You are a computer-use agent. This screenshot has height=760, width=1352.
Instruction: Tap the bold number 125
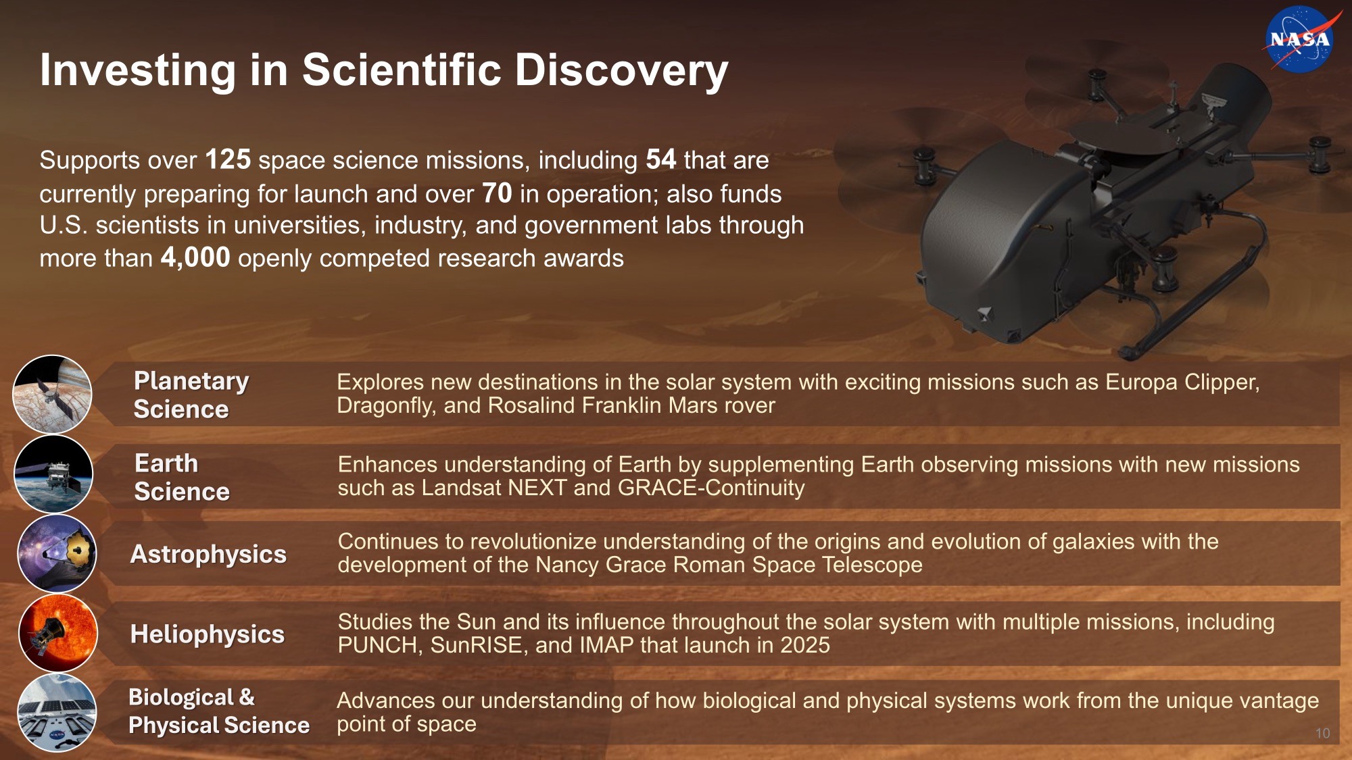coord(228,160)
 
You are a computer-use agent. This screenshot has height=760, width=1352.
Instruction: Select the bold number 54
coord(660,160)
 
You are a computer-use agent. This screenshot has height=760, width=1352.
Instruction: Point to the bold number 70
coord(497,194)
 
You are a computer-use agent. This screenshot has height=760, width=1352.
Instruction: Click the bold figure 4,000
coord(195,258)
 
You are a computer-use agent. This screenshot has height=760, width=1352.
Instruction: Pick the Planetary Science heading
coord(191,395)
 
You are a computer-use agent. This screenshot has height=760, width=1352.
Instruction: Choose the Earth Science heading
coord(182,478)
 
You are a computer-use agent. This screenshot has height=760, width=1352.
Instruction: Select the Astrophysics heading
coord(208,555)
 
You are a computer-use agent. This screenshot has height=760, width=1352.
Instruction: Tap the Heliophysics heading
coord(208,634)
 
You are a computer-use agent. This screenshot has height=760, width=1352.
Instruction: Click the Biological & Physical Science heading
coord(219,711)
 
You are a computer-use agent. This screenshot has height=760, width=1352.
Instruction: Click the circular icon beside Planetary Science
coord(52,395)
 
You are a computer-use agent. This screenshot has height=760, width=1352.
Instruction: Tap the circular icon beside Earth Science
coord(53,474)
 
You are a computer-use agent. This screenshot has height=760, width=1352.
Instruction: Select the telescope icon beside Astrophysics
coord(57,554)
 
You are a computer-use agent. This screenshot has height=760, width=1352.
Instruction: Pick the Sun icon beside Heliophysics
coord(58,633)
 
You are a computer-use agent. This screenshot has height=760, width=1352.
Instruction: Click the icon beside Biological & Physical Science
coord(57,712)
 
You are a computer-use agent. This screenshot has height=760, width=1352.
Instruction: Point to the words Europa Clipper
coord(1182,383)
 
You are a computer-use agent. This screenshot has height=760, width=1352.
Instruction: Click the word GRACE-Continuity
coord(711,488)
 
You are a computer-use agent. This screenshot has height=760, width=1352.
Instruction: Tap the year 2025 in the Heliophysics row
coord(805,645)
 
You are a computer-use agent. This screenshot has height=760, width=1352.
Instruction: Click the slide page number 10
coord(1323,734)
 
